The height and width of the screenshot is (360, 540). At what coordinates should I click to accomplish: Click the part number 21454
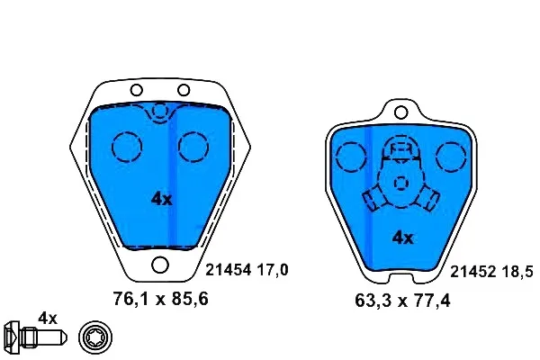[228, 270]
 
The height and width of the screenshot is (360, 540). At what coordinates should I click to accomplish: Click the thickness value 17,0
[273, 270]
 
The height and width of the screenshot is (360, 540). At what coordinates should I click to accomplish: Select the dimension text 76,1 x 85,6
[161, 299]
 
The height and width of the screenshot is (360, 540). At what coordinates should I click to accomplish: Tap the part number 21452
[472, 272]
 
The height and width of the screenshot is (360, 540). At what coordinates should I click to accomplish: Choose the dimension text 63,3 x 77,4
[402, 301]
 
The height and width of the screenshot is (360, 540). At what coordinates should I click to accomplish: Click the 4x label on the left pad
[161, 199]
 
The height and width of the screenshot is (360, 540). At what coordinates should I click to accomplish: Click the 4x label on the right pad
[402, 238]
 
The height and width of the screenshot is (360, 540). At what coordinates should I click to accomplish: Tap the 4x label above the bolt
[48, 318]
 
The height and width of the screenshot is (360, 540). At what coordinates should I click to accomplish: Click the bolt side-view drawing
[35, 337]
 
